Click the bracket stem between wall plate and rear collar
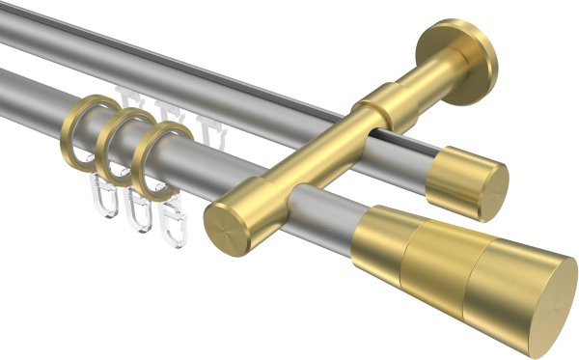pos(425,84)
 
